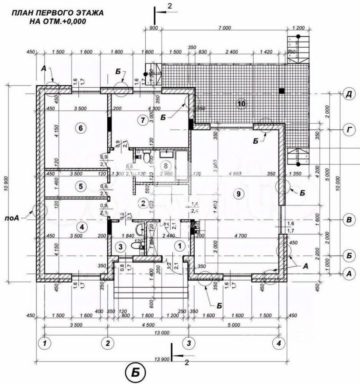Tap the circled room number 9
click(238, 194)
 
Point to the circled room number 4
click(82, 227)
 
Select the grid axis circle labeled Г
click(349, 130)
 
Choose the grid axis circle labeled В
click(349, 220)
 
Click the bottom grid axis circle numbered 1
click(45, 343)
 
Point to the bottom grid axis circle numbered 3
click(189, 343)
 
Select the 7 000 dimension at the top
click(225, 28)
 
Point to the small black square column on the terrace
click(282, 91)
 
